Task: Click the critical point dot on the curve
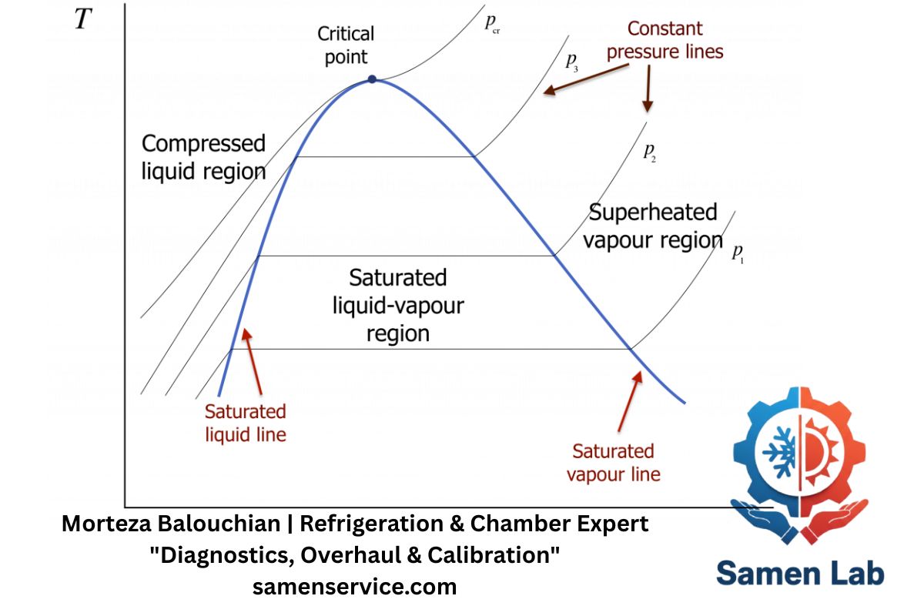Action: pos(372,79)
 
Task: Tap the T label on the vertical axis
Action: pos(83,20)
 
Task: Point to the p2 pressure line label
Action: pos(649,151)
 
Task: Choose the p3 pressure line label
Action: pos(571,62)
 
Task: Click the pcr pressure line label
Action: pos(492,23)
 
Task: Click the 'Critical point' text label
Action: pos(346,45)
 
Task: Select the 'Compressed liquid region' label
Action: pos(204,157)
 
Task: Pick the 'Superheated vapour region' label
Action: pos(652,226)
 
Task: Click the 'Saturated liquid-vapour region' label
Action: pos(398,305)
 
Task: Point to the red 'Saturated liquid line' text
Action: pos(245,423)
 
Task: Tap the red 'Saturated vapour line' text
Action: pos(614,462)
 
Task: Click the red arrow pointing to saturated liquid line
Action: pos(252,362)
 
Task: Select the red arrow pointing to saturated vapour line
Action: pos(628,400)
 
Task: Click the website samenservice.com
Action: pos(355,587)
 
